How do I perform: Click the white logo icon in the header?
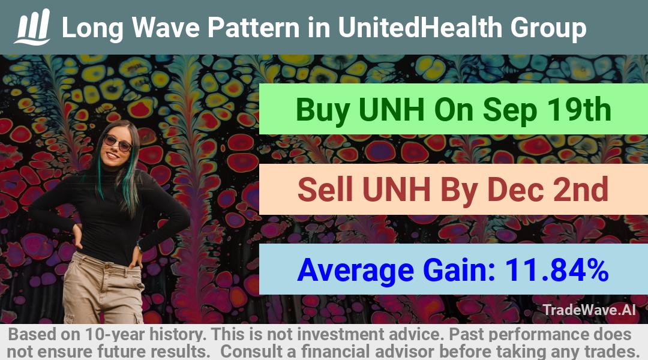pyautogui.click(x=32, y=27)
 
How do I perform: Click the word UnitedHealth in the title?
pyautogui.click(x=420, y=27)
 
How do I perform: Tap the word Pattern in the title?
pyautogui.click(x=253, y=27)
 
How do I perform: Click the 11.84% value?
pyautogui.click(x=556, y=269)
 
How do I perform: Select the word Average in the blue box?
pyautogui.click(x=355, y=271)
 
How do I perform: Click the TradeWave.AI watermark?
pyautogui.click(x=589, y=310)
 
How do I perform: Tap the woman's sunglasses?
pyautogui.click(x=118, y=143)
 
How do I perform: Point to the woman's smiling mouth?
pyautogui.click(x=112, y=155)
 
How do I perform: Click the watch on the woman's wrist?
pyautogui.click(x=139, y=247)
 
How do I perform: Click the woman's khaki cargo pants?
pyautogui.click(x=103, y=289)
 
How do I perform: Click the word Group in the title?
pyautogui.click(x=548, y=28)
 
